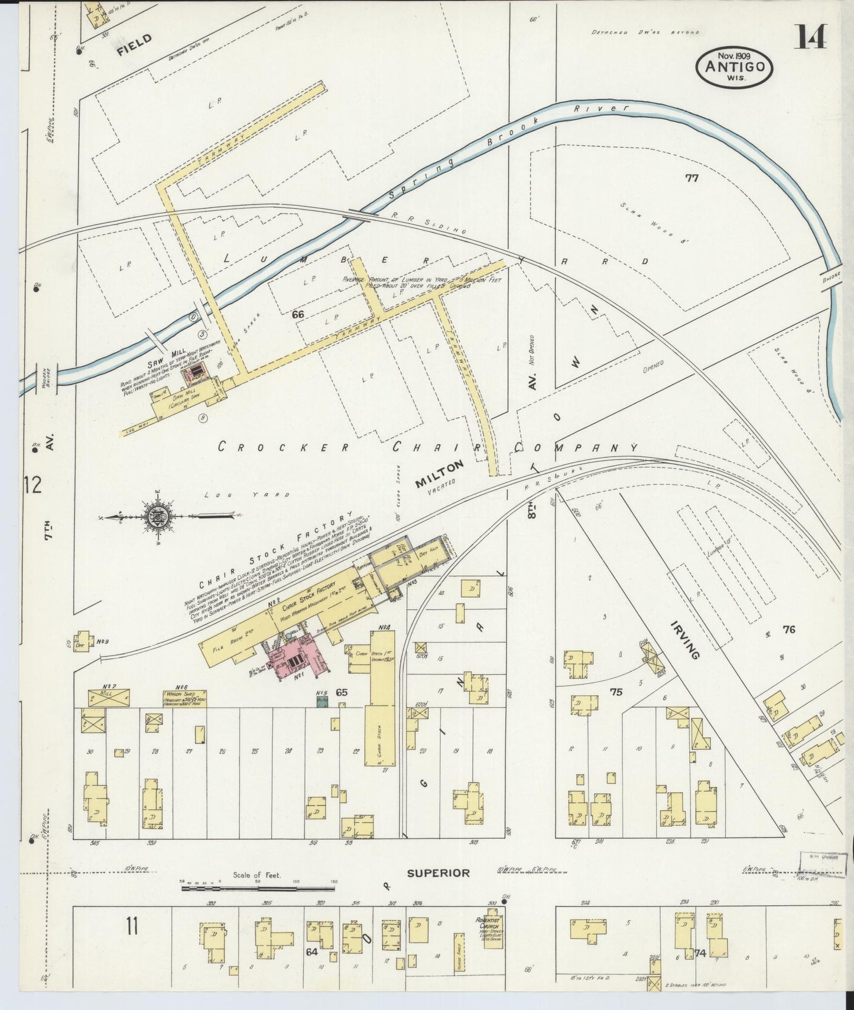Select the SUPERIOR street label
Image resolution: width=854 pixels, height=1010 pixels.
coord(438,873)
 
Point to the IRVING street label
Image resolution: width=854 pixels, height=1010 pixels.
coord(686,640)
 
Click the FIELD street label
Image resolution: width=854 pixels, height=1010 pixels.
coord(134,45)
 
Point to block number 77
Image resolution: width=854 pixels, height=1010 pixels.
coord(691,177)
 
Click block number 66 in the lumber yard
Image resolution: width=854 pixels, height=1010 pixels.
coord(297,315)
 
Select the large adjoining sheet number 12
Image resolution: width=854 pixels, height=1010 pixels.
coord(33,485)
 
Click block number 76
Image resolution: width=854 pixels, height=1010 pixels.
coord(788,630)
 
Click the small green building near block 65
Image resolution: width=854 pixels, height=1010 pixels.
coord(323,701)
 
